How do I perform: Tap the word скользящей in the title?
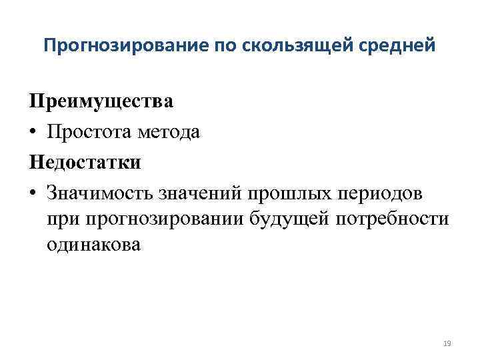[x=290, y=46]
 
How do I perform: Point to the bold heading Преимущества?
[x=101, y=102]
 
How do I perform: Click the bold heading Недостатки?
[x=85, y=162]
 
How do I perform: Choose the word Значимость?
[x=99, y=192]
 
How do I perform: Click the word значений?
[x=200, y=192]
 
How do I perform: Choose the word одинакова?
[x=94, y=245]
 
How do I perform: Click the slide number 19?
[x=447, y=343]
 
